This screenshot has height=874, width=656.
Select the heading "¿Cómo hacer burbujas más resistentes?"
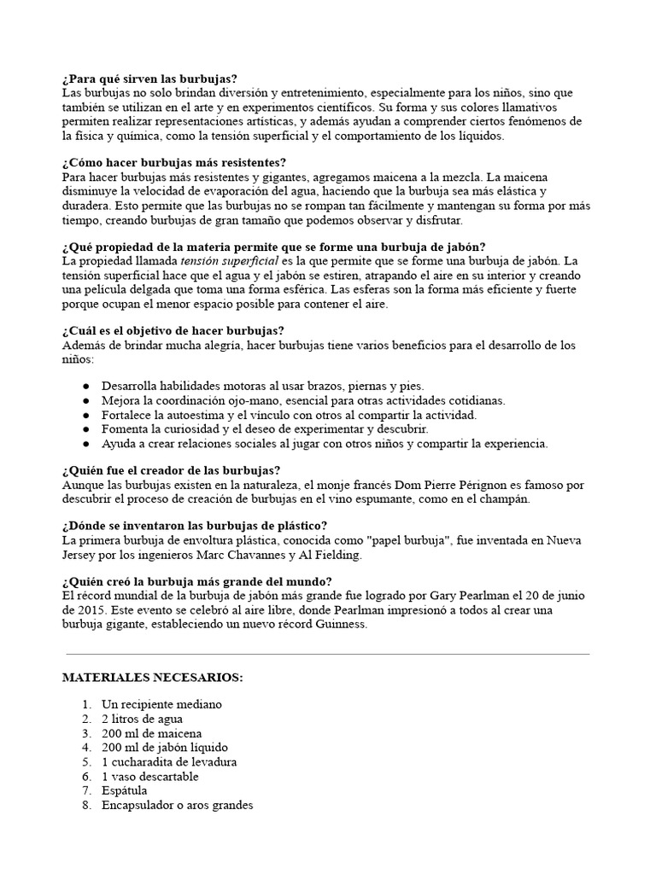point(174,162)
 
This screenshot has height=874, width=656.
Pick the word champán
point(502,498)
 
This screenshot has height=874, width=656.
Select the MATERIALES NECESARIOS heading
point(153,678)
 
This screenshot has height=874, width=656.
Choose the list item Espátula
point(126,791)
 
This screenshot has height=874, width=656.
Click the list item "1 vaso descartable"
point(149,777)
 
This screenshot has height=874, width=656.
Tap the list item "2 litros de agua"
point(143,719)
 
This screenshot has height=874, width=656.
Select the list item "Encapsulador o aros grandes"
point(177,805)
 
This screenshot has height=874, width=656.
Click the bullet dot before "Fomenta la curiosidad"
point(86,428)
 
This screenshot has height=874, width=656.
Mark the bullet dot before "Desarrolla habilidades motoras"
point(86,386)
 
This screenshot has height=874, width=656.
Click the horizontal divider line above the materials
point(327,654)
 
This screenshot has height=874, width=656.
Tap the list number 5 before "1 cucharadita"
point(86,762)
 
